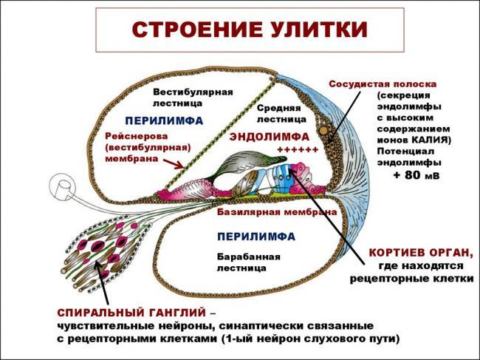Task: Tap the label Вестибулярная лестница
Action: point(193,98)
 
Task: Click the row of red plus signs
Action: point(297,149)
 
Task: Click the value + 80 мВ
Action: point(416,175)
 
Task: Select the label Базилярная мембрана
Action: point(277,211)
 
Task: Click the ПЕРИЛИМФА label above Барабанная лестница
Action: point(256,237)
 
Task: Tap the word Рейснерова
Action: point(137,136)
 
